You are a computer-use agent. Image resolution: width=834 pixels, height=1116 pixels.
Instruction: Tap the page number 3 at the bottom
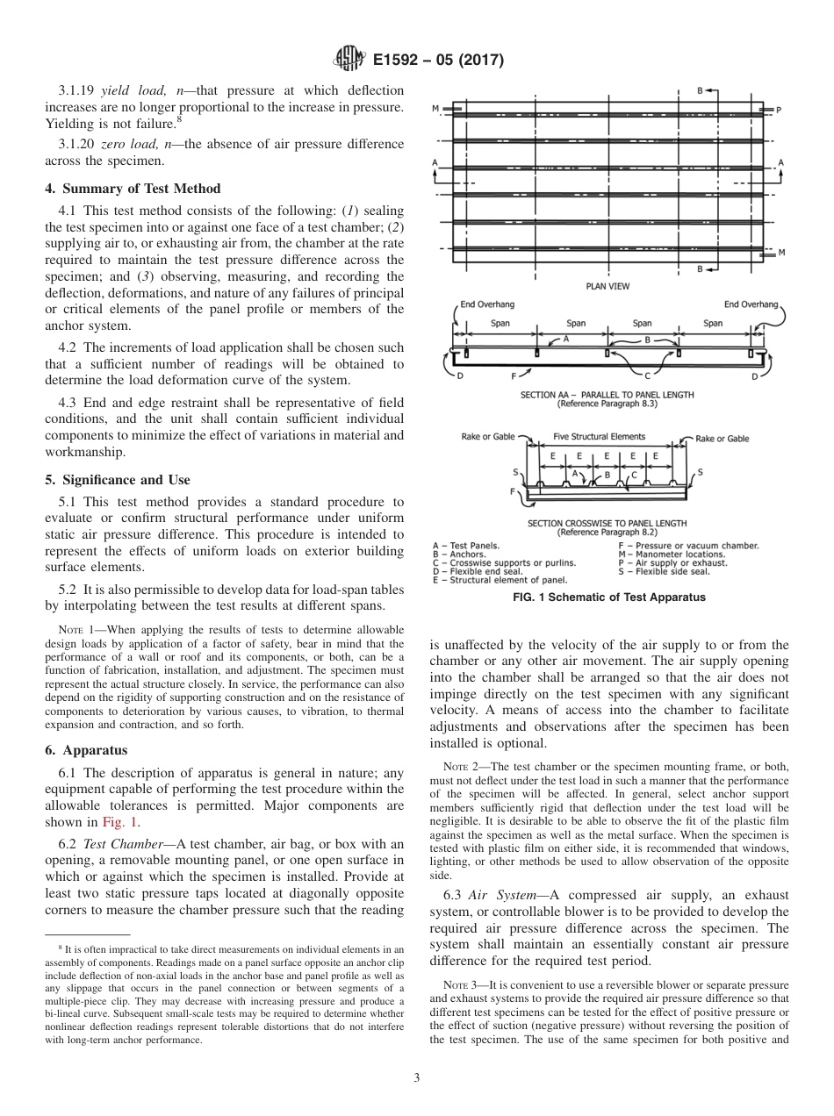coord(416,1077)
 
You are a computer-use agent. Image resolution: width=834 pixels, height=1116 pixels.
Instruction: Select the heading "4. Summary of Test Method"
coord(133,189)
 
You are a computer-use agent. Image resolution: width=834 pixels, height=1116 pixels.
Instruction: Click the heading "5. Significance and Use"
coord(117,480)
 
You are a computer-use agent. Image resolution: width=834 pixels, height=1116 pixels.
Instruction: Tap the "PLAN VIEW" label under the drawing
coord(608,286)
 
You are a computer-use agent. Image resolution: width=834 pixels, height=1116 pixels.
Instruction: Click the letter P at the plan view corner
coord(778,110)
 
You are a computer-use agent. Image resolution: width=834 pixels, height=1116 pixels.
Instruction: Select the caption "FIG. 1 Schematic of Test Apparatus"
coord(608,597)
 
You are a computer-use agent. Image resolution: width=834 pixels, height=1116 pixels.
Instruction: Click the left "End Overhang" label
coord(487,304)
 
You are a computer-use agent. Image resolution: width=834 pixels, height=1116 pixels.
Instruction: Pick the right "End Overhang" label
coord(751,304)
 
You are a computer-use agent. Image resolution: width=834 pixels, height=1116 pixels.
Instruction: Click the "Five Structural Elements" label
coord(599,436)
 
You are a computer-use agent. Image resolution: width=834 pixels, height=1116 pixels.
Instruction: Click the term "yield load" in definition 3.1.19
coord(128,90)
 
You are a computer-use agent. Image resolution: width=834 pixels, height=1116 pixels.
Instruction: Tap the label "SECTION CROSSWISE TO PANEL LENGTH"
coord(607,524)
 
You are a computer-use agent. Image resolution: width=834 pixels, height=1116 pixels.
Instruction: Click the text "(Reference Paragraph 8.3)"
coord(607,404)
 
